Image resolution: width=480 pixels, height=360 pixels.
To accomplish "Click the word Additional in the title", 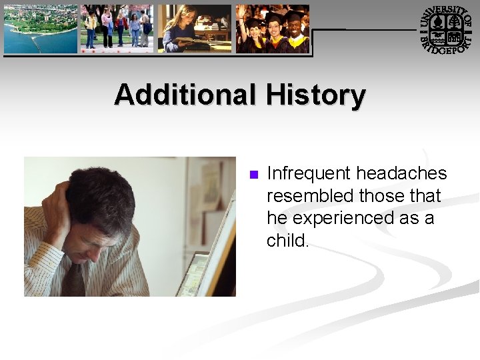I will [x=185, y=95].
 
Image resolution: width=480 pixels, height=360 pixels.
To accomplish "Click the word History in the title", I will [x=315, y=95].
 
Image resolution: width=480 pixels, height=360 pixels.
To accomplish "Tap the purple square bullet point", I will [x=253, y=175].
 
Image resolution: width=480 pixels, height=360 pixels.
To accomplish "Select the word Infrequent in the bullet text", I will [x=309, y=174].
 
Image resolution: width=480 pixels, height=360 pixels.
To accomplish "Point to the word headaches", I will [x=401, y=174].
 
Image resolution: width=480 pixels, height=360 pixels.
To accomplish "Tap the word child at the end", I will [x=286, y=240].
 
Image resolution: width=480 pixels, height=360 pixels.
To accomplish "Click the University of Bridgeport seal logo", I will [x=445, y=29].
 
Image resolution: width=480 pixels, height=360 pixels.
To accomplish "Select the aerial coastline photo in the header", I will [x=40, y=29].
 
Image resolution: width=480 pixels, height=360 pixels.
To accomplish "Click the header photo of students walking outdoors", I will [x=117, y=29].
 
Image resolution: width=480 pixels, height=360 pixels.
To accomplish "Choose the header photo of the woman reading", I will [x=194, y=29].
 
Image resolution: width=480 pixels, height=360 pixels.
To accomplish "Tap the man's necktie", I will [x=75, y=280].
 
